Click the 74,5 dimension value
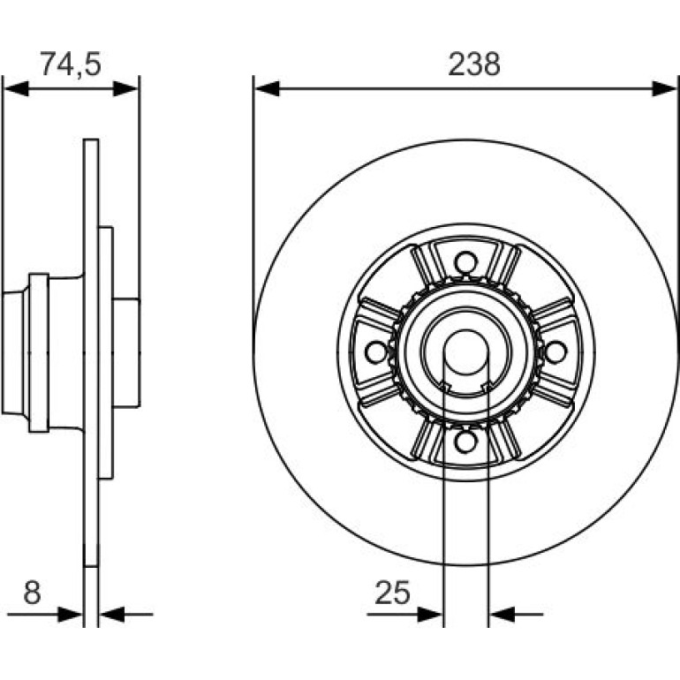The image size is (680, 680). [x=71, y=64]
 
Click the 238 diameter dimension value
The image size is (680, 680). [x=474, y=64]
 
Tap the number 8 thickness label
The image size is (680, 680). [x=32, y=593]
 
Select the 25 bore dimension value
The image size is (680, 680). [x=392, y=593]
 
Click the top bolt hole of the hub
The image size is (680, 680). [x=465, y=263]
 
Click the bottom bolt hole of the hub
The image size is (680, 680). [x=465, y=442]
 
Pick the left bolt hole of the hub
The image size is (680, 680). [x=376, y=352]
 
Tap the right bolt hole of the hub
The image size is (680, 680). [x=555, y=352]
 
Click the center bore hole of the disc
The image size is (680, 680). [x=465, y=352]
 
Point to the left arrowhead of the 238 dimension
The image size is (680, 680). [x=267, y=88]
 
